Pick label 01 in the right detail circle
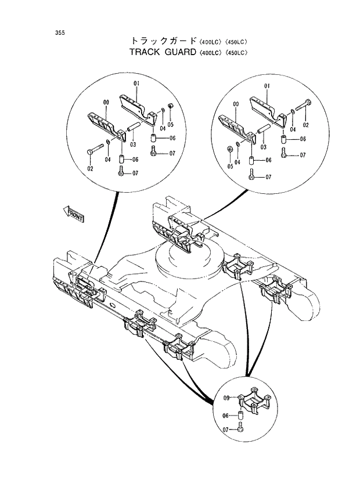[268, 86]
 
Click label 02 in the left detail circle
[90, 169]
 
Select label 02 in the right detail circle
[305, 125]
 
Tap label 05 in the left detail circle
[171, 124]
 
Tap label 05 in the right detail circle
[229, 167]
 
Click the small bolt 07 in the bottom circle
[242, 430]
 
